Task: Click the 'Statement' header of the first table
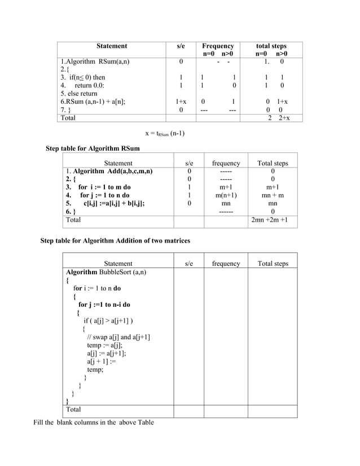111,46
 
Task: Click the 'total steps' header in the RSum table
271,46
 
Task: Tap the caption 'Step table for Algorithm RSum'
93,148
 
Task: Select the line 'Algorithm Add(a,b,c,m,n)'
109,172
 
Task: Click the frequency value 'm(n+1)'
226,195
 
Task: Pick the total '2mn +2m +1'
273,219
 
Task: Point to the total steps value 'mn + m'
273,195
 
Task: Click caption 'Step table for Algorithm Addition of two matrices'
115,241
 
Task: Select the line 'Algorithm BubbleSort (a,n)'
106,272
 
